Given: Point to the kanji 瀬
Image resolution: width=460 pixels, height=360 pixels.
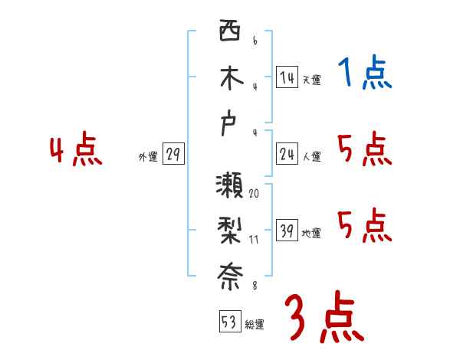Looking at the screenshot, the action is (x=229, y=186).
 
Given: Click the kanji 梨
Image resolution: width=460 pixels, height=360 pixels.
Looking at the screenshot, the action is (x=229, y=231).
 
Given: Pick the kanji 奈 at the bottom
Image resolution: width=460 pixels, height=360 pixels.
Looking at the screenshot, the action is (x=229, y=276).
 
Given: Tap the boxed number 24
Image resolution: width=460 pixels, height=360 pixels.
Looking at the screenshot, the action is (x=287, y=154).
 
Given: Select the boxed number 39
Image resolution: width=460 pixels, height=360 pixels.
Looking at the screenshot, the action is (x=287, y=231).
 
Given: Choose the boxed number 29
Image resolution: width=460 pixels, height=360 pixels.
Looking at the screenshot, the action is (x=172, y=155).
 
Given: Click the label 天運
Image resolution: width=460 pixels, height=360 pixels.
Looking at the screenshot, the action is (x=311, y=80).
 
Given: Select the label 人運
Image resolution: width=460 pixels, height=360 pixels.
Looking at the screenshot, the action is (x=311, y=157).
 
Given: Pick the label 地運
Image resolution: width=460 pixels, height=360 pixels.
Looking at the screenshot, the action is (x=311, y=234).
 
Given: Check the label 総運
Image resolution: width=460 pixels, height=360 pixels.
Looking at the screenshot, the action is (x=254, y=325).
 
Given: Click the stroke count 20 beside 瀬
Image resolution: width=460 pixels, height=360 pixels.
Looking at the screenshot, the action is (x=254, y=193).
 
